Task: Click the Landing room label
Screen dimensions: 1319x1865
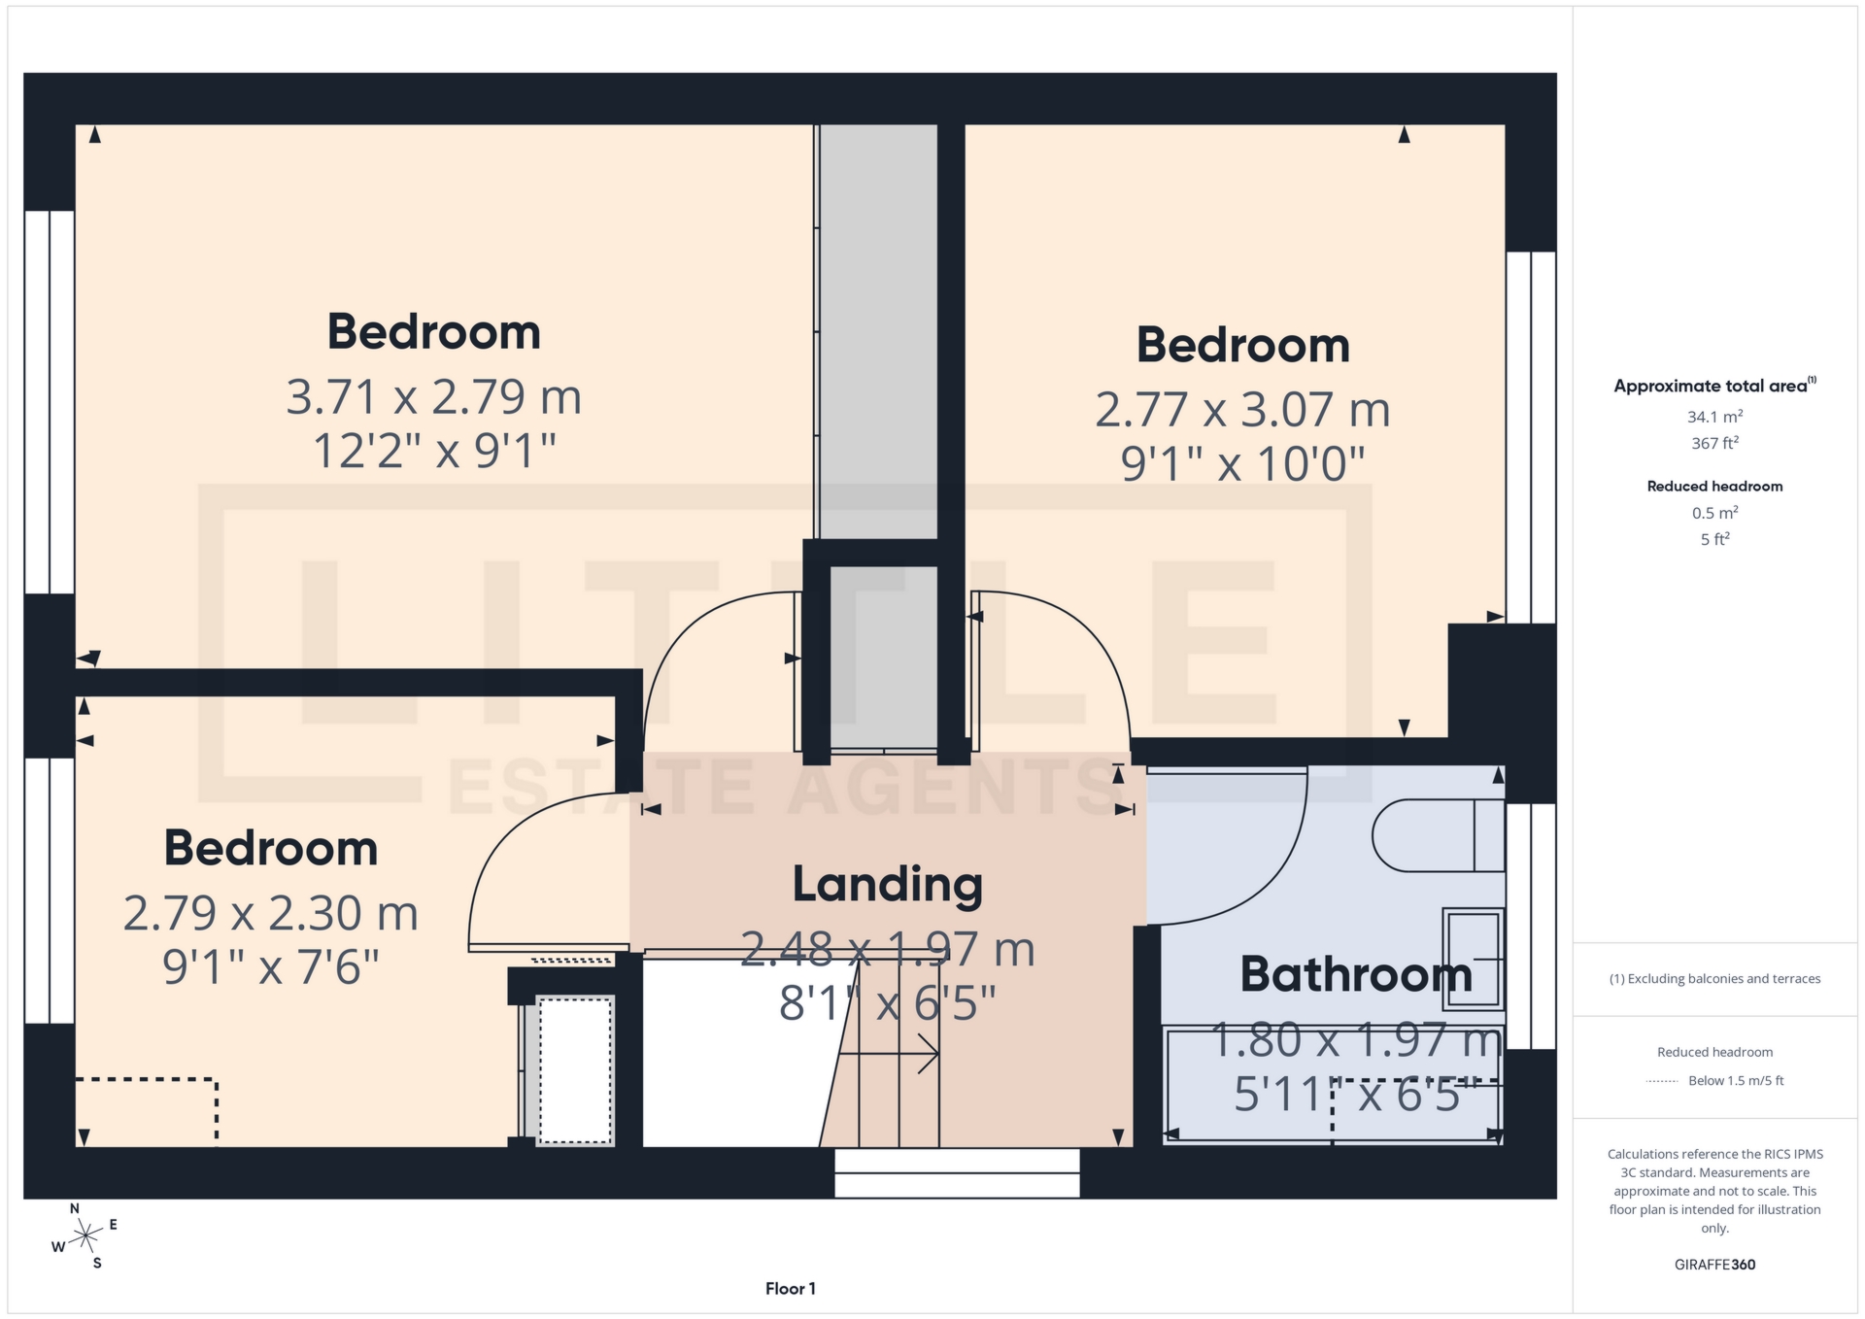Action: (x=887, y=884)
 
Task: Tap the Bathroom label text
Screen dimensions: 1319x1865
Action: (x=1356, y=974)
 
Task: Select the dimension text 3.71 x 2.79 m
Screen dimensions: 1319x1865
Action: (x=433, y=397)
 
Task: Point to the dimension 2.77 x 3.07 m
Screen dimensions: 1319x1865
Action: (x=1242, y=410)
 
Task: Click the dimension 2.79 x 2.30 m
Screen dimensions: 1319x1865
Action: (x=270, y=913)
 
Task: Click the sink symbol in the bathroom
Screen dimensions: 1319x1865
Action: (x=1473, y=959)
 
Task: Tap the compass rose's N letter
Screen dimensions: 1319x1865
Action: (x=75, y=1208)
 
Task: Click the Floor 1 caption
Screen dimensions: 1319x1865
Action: (x=790, y=1289)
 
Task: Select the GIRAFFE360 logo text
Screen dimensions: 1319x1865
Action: (x=1714, y=1265)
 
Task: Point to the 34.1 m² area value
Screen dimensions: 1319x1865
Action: (x=1714, y=417)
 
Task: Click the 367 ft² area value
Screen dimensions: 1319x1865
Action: (x=1714, y=443)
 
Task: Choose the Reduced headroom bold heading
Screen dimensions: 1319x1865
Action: (x=1714, y=487)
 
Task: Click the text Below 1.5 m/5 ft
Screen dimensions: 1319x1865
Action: (x=1736, y=1080)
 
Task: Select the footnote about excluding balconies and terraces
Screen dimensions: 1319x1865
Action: (x=1714, y=979)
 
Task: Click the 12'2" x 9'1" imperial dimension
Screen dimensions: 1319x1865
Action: (x=433, y=452)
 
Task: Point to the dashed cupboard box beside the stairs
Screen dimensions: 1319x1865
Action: (x=575, y=1069)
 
